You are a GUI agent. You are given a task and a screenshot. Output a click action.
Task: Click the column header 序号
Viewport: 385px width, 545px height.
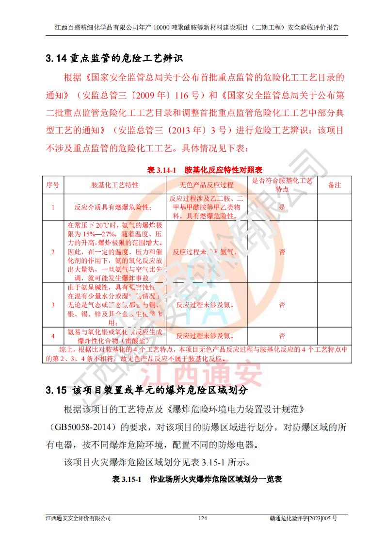point(53,185)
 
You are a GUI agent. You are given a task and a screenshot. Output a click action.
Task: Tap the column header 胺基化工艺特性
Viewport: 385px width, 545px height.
point(115,185)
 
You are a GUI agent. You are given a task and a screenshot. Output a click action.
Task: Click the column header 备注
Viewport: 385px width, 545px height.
point(335,185)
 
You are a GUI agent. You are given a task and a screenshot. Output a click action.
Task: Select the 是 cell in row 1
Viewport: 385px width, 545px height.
point(282,207)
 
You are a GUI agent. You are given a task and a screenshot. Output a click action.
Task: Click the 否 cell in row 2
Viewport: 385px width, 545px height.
point(282,252)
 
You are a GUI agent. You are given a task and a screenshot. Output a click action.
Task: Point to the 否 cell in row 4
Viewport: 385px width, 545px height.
point(282,336)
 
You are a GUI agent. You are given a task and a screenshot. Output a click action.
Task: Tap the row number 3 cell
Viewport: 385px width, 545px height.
point(53,305)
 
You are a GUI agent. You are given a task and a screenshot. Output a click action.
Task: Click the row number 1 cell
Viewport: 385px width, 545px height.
point(53,207)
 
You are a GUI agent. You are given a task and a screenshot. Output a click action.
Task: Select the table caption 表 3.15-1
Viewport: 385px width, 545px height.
point(126,479)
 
